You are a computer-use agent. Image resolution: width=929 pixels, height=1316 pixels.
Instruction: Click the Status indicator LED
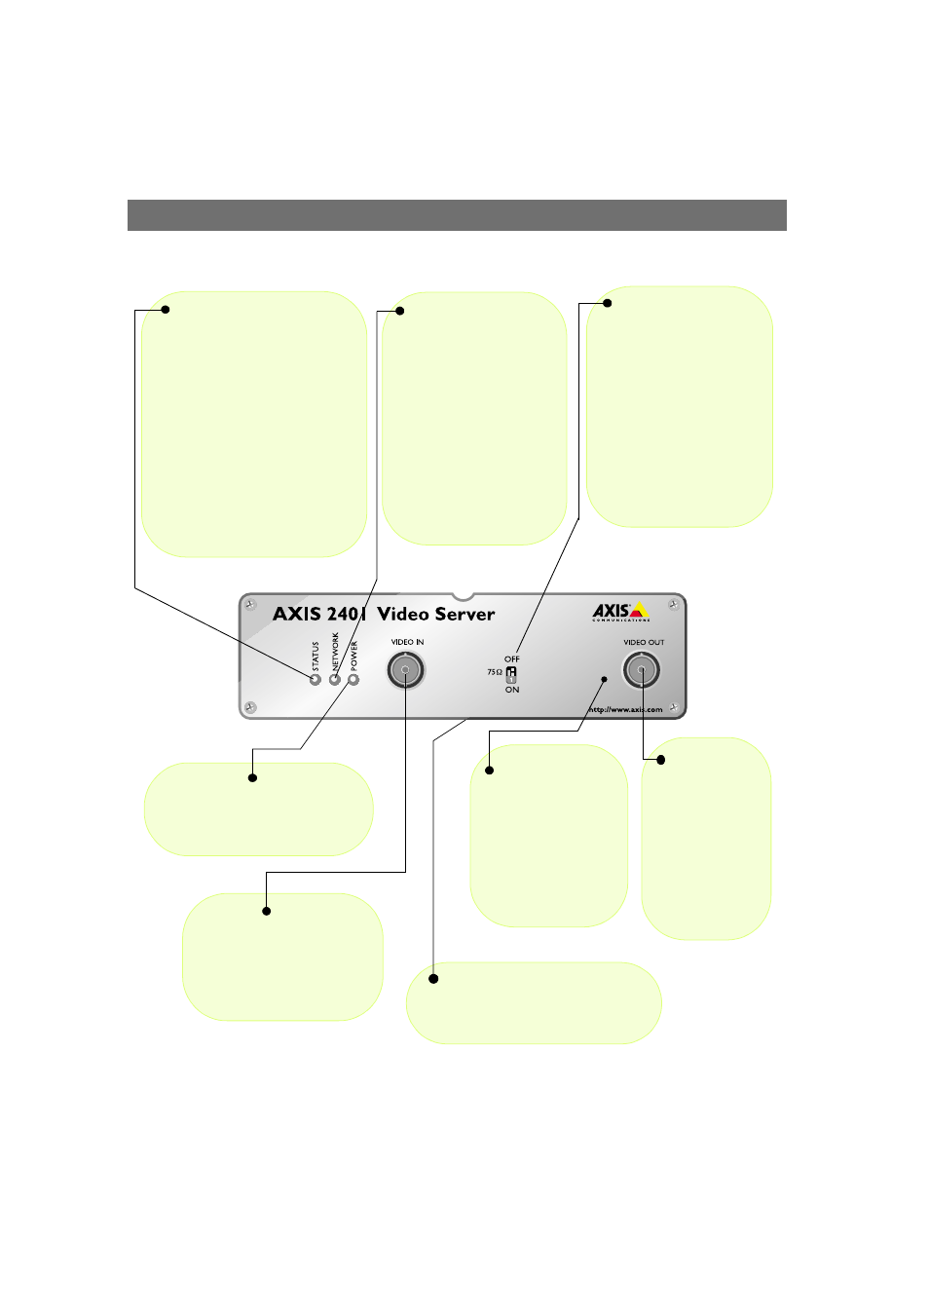(x=316, y=679)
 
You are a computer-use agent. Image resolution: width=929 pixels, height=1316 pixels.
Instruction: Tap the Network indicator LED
(x=335, y=679)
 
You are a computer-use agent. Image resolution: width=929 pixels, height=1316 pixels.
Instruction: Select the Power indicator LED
(x=353, y=679)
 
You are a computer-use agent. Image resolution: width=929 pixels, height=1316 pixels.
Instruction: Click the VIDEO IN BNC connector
(x=405, y=670)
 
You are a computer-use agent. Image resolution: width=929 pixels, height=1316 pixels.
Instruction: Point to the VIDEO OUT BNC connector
(x=641, y=670)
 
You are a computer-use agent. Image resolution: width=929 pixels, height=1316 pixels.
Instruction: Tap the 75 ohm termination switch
(x=511, y=673)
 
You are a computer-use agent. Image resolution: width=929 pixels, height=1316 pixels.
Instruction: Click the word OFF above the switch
(x=512, y=659)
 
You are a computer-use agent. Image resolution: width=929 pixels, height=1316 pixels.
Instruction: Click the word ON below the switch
(x=512, y=690)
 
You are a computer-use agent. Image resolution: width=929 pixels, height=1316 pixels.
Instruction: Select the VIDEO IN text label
(x=407, y=642)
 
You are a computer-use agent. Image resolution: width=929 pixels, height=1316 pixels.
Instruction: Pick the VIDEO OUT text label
(x=644, y=642)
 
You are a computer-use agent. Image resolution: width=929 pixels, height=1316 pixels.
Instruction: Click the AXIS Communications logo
(x=621, y=612)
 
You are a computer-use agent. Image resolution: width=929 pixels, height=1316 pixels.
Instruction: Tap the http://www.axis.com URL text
(x=625, y=709)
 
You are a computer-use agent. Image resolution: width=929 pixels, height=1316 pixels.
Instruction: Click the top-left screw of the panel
(x=251, y=606)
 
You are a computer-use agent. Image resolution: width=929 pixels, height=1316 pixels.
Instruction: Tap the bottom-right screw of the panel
(x=673, y=706)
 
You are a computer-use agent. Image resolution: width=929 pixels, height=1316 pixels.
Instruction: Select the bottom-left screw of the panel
(x=251, y=706)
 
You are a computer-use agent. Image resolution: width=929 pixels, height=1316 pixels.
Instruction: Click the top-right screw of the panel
(x=673, y=606)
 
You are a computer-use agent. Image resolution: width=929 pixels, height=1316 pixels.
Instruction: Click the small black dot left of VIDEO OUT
(x=604, y=679)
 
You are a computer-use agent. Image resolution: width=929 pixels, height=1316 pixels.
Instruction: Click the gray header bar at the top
(x=457, y=215)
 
